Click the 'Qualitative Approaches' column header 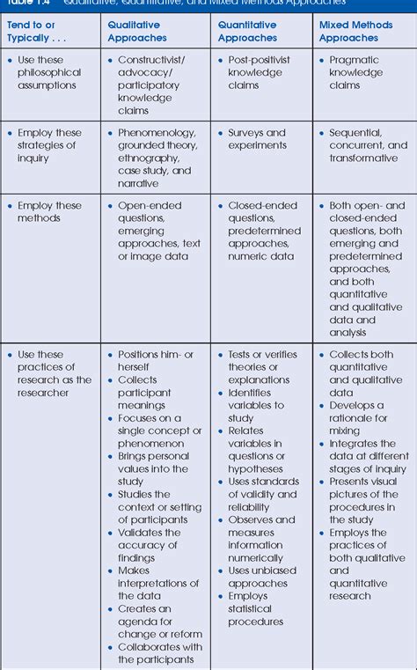pos(137,32)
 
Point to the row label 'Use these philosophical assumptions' pos(49,72)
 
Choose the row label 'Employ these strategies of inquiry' pos(49,145)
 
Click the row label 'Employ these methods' pos(49,211)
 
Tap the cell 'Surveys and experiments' pos(257,139)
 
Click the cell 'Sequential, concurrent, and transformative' pos(368,145)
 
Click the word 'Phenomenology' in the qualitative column pos(157,133)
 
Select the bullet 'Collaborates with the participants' pos(160,653)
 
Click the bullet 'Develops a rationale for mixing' pos(358,418)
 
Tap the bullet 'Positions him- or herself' pos(158,360)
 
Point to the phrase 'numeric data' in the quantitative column pos(260,256)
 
